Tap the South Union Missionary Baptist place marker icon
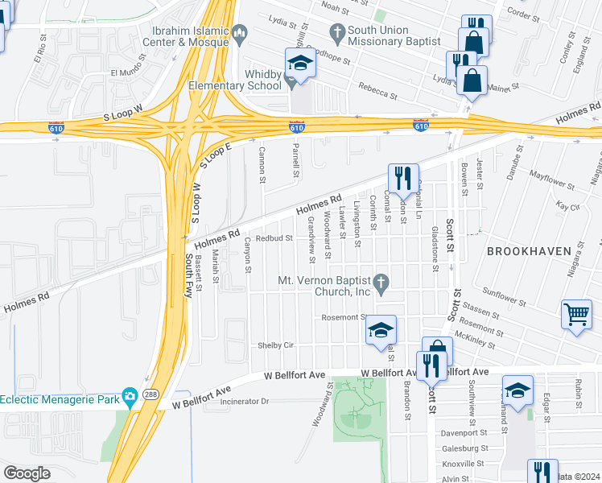pos(337,32)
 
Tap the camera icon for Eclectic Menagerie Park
pos(130,396)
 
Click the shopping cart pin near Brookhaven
pos(576,315)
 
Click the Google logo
pos(27,473)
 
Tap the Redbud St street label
pos(273,238)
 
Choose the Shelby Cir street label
pos(274,345)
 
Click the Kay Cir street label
pos(568,207)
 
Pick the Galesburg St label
pos(464,448)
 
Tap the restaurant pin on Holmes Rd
pos(403,177)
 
